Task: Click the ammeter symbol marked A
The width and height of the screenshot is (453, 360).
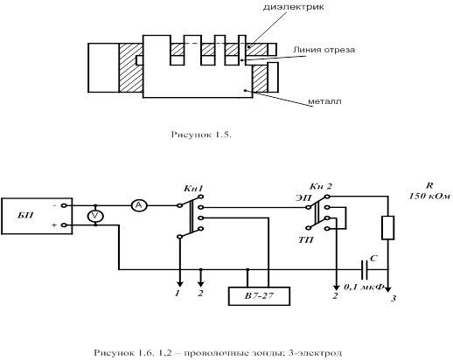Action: tap(139, 205)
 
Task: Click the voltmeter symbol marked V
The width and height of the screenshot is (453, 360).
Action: tap(95, 216)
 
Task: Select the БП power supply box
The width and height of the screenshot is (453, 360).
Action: tap(37, 216)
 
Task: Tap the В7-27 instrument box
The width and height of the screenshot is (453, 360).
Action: tap(259, 296)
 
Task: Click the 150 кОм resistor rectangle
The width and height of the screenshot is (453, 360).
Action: tap(388, 228)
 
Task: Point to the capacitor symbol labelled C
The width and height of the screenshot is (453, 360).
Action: tap(365, 270)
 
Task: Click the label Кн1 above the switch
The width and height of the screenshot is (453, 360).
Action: tap(193, 189)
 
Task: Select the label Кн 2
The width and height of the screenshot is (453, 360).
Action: tap(321, 186)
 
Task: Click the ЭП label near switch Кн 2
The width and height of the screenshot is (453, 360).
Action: tap(303, 197)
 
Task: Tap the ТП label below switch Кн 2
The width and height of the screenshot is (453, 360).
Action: tap(306, 240)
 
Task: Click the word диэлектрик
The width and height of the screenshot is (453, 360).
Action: tap(294, 7)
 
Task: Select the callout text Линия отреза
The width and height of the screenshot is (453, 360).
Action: tap(324, 50)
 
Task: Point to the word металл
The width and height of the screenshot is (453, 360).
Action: tap(324, 101)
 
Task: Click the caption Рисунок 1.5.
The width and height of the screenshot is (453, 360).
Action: tap(201, 135)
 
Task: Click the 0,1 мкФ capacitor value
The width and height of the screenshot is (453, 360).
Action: tap(364, 287)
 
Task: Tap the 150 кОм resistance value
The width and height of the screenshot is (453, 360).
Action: tap(429, 196)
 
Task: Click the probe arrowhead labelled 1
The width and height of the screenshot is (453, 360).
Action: tap(180, 284)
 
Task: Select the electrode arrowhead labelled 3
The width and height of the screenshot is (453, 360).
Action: tap(388, 289)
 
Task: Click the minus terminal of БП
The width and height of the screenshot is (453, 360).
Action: tap(64, 205)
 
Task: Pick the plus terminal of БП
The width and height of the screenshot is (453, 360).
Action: tap(64, 225)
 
